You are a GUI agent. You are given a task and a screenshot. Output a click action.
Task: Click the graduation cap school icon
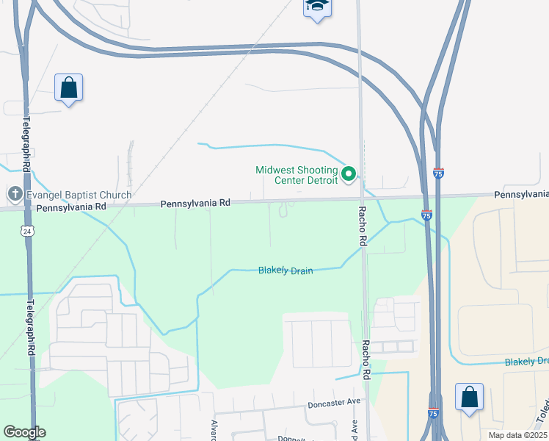[317, 7]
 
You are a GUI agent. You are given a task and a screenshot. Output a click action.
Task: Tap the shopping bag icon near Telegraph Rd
[68, 88]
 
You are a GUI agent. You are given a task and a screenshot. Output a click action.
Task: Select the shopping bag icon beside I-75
[469, 398]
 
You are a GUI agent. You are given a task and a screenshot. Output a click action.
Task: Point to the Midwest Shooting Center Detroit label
[297, 174]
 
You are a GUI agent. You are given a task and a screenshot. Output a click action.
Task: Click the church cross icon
[14, 195]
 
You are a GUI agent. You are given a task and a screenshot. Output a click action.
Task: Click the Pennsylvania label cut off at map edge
[521, 194]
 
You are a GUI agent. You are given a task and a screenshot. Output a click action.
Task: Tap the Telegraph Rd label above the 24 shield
[27, 143]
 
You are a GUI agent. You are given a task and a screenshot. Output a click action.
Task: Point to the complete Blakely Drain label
[286, 270]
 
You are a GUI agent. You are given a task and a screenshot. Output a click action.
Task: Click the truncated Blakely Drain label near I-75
[526, 362]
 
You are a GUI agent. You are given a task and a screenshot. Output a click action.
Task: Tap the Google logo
[24, 432]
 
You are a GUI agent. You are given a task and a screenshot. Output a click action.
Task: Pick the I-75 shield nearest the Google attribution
[433, 414]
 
